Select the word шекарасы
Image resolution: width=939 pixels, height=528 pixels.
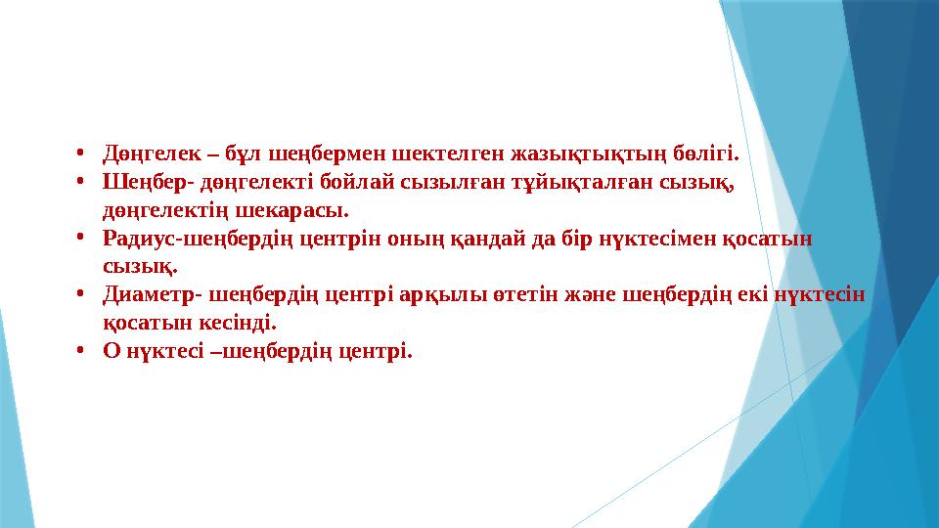[x=298, y=209]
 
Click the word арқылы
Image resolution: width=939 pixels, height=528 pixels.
[x=445, y=293]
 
